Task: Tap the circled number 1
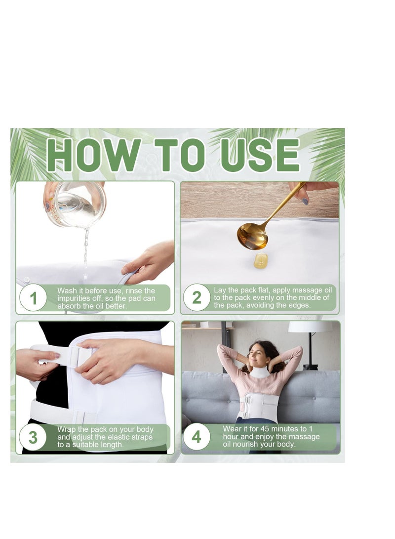[34, 298]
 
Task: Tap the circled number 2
[197, 298]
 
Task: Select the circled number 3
[33, 437]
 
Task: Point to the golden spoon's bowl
[252, 236]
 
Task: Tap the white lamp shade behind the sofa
[310, 327]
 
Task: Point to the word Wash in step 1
[67, 291]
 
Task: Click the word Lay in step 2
[220, 290]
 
